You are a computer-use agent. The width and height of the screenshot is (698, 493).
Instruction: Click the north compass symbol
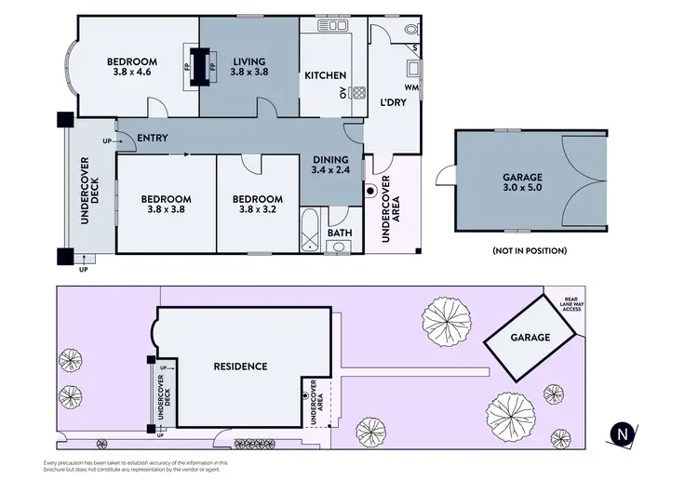(623, 432)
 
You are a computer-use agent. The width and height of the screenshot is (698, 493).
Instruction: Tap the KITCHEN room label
(326, 76)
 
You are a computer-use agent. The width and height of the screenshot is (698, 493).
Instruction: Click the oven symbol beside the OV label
(357, 92)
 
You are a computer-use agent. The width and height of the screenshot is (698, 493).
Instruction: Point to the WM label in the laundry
(410, 87)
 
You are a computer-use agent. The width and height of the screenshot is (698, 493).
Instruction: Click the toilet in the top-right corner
(410, 31)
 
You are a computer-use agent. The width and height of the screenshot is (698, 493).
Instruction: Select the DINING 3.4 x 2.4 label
(329, 165)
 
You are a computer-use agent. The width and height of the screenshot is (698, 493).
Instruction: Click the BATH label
(339, 233)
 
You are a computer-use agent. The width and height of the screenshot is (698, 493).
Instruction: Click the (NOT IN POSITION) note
(528, 251)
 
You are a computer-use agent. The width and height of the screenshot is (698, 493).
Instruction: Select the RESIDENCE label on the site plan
(240, 366)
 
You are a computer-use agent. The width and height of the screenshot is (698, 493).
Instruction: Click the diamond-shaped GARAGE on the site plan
(529, 338)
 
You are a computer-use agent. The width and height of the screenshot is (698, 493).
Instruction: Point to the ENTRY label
(152, 139)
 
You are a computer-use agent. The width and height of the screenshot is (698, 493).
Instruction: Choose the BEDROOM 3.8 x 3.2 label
(258, 204)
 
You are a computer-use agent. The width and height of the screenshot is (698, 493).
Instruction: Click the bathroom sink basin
(338, 247)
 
